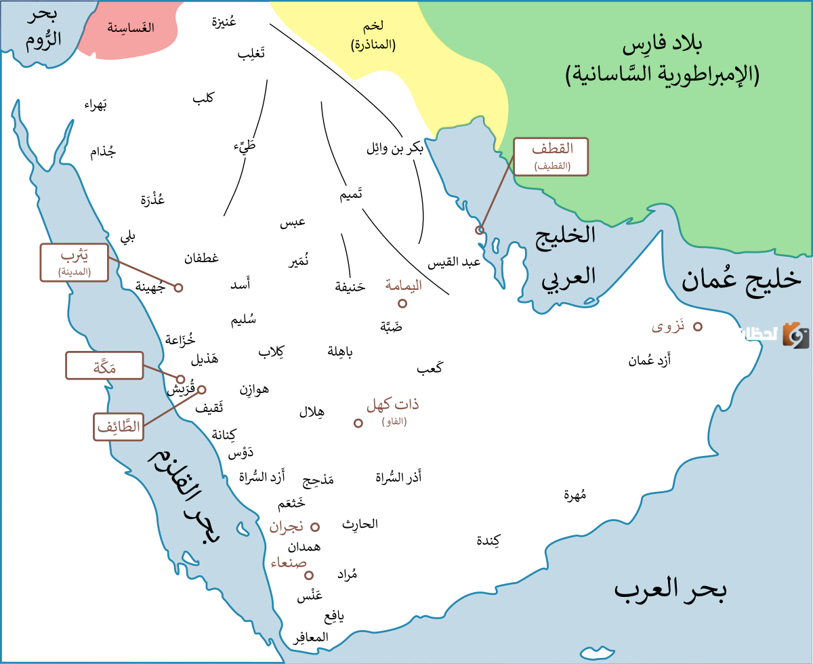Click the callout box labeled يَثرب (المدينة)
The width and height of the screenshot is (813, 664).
click(75, 262)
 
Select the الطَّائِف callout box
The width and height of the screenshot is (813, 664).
click(119, 427)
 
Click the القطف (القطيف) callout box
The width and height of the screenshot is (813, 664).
click(551, 157)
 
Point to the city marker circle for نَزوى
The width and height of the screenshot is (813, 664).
click(697, 327)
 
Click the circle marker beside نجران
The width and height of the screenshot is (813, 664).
click(315, 526)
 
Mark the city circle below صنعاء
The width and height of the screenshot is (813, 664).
click(309, 575)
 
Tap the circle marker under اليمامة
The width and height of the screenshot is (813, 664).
click(402, 304)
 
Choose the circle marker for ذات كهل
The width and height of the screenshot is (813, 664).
click(358, 423)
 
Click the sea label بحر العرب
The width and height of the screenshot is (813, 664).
click(670, 589)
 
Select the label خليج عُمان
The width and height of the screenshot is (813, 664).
click(741, 279)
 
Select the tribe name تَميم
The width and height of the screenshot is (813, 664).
click(351, 195)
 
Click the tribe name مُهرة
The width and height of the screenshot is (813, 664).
click(575, 495)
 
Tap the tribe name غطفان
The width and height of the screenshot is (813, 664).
click(201, 258)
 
